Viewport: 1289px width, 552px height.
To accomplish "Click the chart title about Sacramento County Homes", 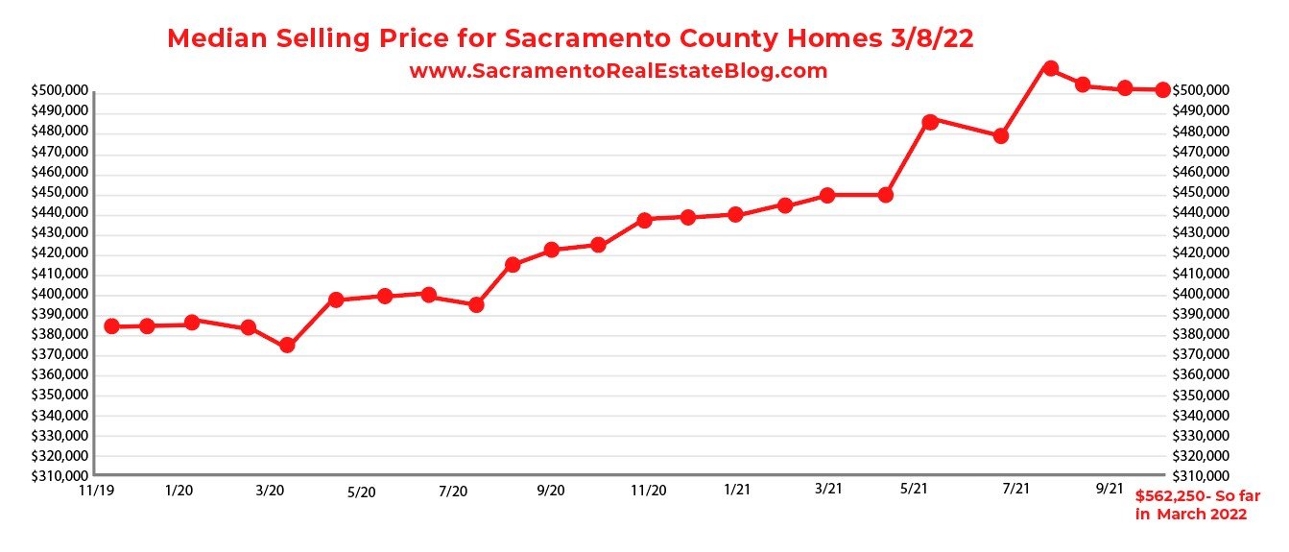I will [x=571, y=38].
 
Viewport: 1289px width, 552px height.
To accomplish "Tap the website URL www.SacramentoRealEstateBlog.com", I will [x=618, y=70].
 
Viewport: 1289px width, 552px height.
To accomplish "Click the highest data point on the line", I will [x=1050, y=68].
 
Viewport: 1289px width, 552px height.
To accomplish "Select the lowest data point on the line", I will [x=287, y=346].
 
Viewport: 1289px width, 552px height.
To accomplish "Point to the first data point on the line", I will [x=111, y=326].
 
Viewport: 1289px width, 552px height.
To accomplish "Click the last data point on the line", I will [x=1162, y=89].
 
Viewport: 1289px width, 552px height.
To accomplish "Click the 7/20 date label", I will [x=453, y=492].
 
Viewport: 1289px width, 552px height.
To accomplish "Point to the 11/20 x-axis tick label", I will [x=649, y=491].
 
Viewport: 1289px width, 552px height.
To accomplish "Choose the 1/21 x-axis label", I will [x=737, y=490].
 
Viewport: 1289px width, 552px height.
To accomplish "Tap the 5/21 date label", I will [x=915, y=490].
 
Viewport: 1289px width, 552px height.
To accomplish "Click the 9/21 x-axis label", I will [x=1110, y=488].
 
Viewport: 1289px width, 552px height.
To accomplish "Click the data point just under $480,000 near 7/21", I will [x=1001, y=136].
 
